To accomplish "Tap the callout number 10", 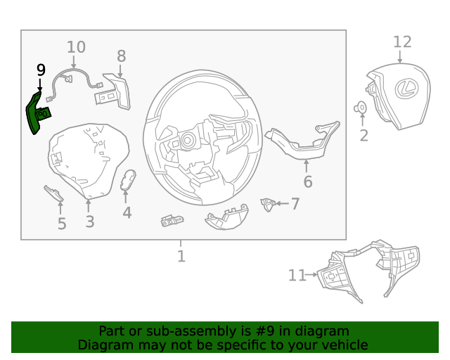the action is point(76,47).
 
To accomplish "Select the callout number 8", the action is point(122,56).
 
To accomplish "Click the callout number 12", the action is point(402,42).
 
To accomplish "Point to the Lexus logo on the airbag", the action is point(406,89).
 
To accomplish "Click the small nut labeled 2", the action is point(360,108).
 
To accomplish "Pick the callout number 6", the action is point(308,181).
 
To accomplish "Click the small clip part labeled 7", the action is point(268,205).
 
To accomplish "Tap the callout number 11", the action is point(297,276).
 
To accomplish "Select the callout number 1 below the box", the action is point(181,257).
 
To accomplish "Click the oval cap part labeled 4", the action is point(128,180).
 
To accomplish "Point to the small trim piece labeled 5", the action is point(53,193).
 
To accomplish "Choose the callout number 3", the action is point(90,222).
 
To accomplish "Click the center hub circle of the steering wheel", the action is point(187,141).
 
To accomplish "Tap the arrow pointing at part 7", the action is point(282,203).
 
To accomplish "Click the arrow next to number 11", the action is point(311,275).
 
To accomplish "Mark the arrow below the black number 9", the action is point(39,85).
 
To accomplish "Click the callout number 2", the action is point(364,136).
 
